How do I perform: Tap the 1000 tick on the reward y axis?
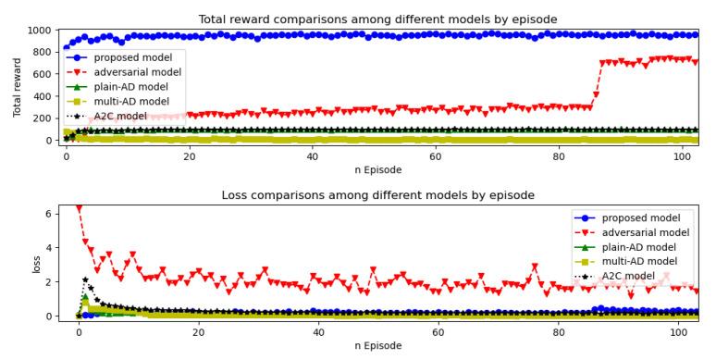tap(43, 31)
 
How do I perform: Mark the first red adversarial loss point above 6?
tap(79, 208)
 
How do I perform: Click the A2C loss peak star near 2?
tap(85, 279)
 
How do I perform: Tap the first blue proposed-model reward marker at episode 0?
tap(67, 47)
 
